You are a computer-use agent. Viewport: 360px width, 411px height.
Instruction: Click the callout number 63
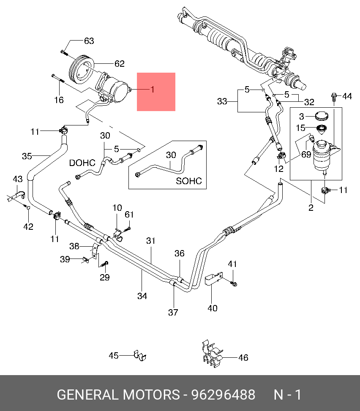coord(89,41)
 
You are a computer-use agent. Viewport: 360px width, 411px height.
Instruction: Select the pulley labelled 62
coord(81,70)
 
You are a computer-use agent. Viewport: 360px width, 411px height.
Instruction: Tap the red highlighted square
coord(156,92)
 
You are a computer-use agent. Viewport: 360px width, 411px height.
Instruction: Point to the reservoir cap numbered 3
coord(321,116)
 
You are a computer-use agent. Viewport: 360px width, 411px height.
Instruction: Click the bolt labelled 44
coord(334,97)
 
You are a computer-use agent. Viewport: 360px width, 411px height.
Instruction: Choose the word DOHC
coord(82,163)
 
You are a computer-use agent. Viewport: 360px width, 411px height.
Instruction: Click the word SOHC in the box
coord(189,181)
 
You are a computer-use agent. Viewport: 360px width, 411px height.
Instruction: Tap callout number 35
coord(27,156)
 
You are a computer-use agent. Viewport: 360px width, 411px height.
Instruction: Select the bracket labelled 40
coord(213,279)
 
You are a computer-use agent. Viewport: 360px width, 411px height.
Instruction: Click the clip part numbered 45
coord(140,355)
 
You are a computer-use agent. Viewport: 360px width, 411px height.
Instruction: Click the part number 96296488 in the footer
coord(224,395)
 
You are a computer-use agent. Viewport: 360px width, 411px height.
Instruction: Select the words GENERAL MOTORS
coord(118,395)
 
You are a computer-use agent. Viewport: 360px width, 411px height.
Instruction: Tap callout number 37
coord(173,312)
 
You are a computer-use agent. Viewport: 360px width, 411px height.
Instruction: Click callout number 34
coord(142,296)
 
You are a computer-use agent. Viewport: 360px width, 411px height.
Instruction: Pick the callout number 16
coord(59,100)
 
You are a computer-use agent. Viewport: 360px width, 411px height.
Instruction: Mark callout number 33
coord(222,101)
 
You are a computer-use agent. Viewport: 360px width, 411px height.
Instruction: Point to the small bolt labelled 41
coord(233,283)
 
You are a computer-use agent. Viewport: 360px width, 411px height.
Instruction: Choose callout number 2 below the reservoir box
coord(311,207)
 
